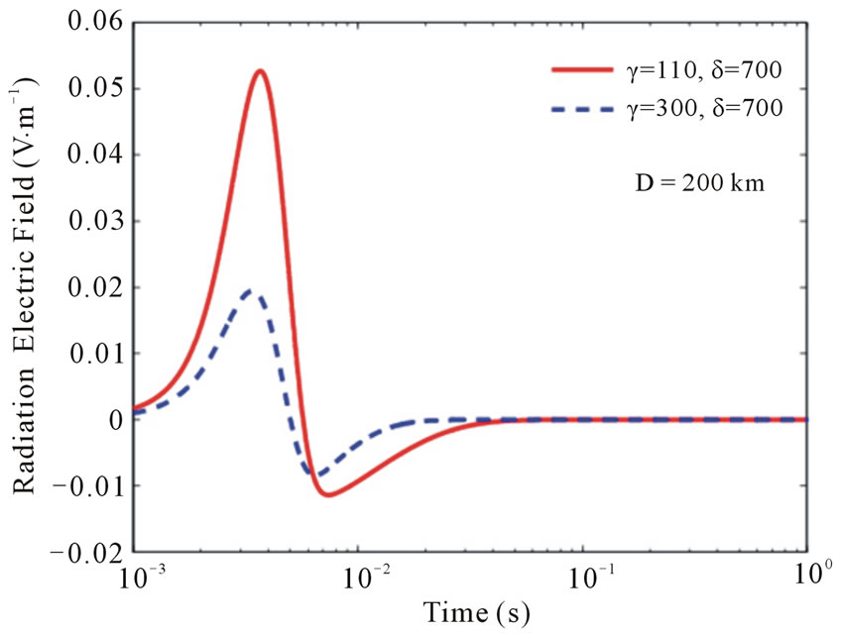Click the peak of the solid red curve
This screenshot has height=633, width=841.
260,71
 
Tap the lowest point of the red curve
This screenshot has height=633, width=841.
328,494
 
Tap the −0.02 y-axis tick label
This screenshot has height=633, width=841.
90,552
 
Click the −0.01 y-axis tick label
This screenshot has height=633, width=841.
90,485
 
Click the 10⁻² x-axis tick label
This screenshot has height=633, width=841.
358,577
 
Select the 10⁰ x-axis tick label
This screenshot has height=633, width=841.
805,577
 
